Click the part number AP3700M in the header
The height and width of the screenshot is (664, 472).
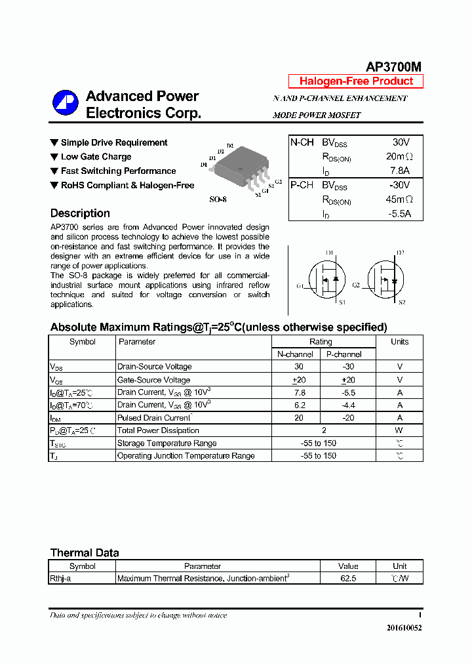[x=393, y=67]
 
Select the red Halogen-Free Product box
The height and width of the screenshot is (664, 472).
[x=356, y=81]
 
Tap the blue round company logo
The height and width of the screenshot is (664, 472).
[x=66, y=104]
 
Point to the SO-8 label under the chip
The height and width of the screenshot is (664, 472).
[x=218, y=199]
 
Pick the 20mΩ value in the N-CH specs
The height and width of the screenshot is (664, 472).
[x=399, y=157]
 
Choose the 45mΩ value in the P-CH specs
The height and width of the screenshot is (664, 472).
[x=399, y=199]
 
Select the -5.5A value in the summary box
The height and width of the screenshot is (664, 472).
[x=399, y=214]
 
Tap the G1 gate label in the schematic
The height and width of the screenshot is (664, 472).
[x=300, y=285]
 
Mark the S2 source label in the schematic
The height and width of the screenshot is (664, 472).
[x=402, y=302]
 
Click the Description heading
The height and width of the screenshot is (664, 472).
[x=80, y=213]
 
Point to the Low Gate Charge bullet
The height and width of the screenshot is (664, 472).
[x=96, y=157]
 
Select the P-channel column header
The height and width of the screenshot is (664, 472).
[x=344, y=354]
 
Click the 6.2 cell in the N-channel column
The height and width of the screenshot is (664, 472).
[x=300, y=405]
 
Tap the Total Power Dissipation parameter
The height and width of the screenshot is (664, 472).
[x=158, y=430]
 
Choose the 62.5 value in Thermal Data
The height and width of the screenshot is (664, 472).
[x=348, y=579]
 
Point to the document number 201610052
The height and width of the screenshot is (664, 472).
[x=404, y=628]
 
